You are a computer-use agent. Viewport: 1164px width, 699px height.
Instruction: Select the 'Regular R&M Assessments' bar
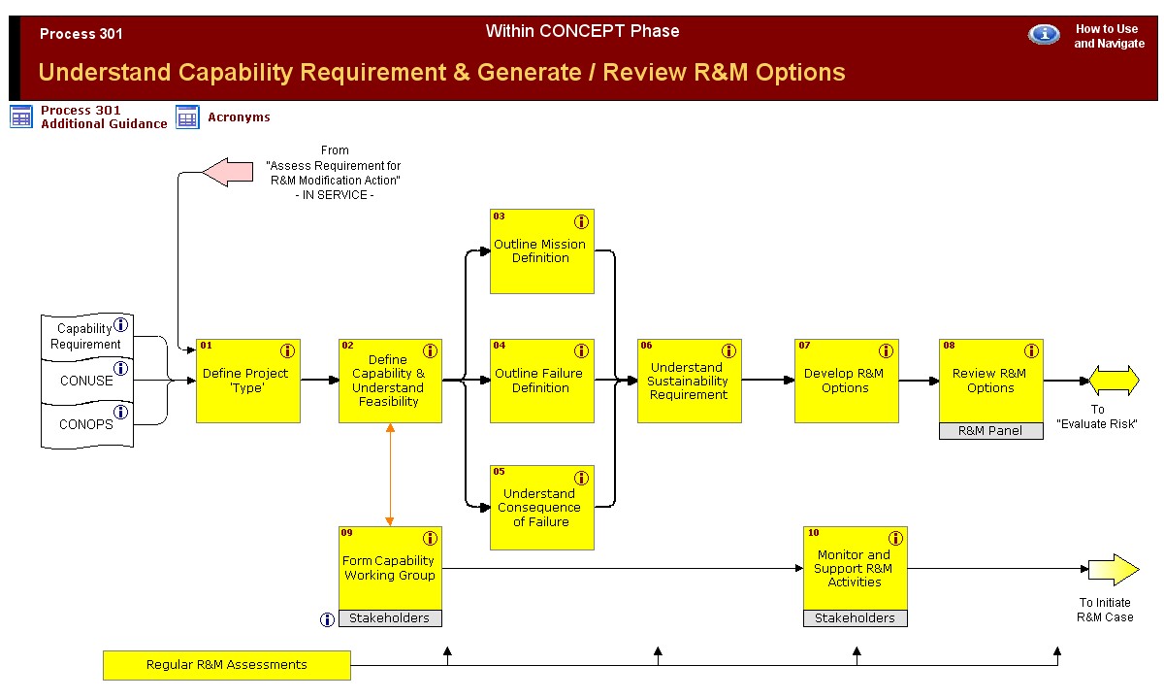227,665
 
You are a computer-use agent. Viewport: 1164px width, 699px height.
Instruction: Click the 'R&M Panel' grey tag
990,431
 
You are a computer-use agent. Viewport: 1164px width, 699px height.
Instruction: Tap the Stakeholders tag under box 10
856,618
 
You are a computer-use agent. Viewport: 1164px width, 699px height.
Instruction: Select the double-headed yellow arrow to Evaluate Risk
1114,381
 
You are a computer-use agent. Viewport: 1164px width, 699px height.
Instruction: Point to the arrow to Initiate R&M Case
1113,570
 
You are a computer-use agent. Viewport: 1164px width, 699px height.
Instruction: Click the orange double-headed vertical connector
390,476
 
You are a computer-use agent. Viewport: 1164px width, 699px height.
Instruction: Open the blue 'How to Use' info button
1044,35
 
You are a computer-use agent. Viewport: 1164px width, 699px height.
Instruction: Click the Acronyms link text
239,117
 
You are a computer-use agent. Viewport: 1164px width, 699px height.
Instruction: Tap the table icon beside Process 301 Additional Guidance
21,117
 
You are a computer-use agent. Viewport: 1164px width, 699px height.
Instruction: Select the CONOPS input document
86,425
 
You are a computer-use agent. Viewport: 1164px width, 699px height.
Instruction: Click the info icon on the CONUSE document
121,369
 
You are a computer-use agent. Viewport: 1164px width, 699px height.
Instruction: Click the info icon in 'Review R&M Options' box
1029,351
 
